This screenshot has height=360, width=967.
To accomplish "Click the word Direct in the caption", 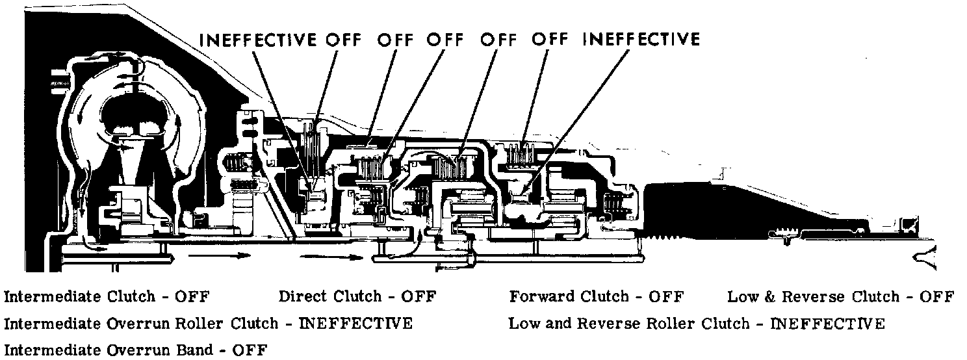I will pos(303,297).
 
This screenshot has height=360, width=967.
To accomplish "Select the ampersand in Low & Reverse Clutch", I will pos(758,298).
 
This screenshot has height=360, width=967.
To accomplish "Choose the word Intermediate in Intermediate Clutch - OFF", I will pos(47,297).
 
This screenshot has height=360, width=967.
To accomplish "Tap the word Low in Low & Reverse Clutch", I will pos(738,297).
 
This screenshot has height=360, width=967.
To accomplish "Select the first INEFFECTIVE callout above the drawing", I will pos(258,40).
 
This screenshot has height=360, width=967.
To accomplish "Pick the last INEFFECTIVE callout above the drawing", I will pos(641,40).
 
